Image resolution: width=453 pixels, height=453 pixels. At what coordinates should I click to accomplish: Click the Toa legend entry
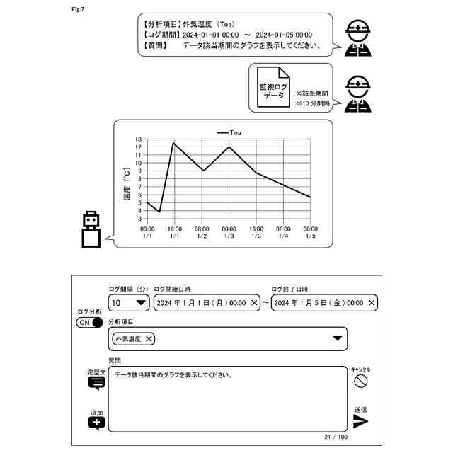coord(229,132)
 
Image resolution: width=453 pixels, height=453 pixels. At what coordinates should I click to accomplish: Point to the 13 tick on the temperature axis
coord(139,139)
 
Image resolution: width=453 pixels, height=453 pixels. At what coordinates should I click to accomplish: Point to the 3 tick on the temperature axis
coord(139,219)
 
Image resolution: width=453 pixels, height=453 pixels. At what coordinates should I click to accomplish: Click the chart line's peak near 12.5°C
coord(173,143)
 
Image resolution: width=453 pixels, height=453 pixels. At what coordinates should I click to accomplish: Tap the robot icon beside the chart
coord(91,229)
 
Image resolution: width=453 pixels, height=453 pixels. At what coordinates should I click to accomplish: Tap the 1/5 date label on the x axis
coord(310,236)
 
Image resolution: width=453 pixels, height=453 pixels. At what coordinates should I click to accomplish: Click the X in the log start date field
coord(254,303)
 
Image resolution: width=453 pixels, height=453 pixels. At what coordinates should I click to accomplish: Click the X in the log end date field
coord(372,303)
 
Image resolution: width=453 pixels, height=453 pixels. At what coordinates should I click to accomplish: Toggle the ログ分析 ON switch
coord(89,323)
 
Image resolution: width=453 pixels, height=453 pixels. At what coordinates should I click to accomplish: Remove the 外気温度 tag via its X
coord(149,339)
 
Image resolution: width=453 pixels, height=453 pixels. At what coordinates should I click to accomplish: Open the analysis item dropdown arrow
coord(338,338)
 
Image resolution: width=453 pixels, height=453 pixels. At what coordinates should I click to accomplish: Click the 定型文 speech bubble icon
coord(96,383)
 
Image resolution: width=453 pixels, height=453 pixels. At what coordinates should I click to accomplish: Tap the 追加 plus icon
coord(96,423)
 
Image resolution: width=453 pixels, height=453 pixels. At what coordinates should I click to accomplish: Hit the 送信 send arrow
coord(361,422)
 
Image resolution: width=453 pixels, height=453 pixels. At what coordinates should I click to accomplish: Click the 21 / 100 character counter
coord(335,437)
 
